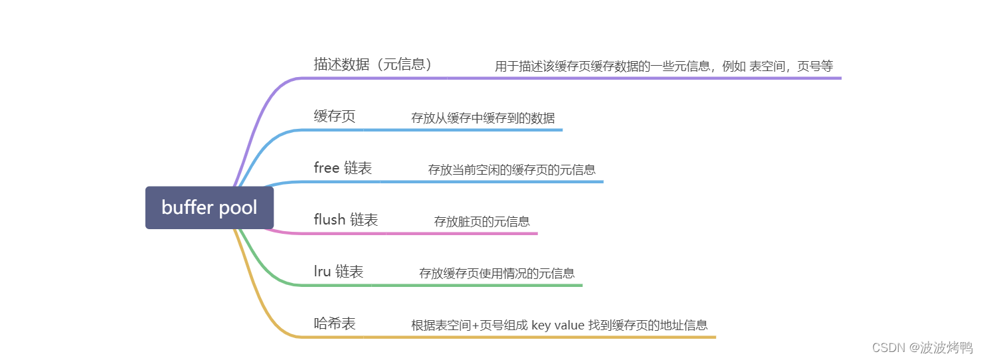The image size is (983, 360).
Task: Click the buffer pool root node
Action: (x=209, y=207)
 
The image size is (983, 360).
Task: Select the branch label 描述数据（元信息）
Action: (x=375, y=64)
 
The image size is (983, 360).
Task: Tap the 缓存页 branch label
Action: (x=335, y=116)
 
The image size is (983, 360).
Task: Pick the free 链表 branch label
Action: (x=343, y=168)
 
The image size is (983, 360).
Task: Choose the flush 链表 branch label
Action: (x=345, y=220)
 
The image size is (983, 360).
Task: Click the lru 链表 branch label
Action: (x=339, y=272)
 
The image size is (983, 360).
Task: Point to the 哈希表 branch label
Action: (x=335, y=323)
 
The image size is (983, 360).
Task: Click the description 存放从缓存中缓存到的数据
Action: (x=483, y=118)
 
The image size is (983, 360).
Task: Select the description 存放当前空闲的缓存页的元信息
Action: (x=512, y=169)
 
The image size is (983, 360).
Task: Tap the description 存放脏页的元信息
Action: (x=482, y=221)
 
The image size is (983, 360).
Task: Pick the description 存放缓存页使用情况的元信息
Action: (x=497, y=273)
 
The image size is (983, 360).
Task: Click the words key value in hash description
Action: (x=558, y=325)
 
